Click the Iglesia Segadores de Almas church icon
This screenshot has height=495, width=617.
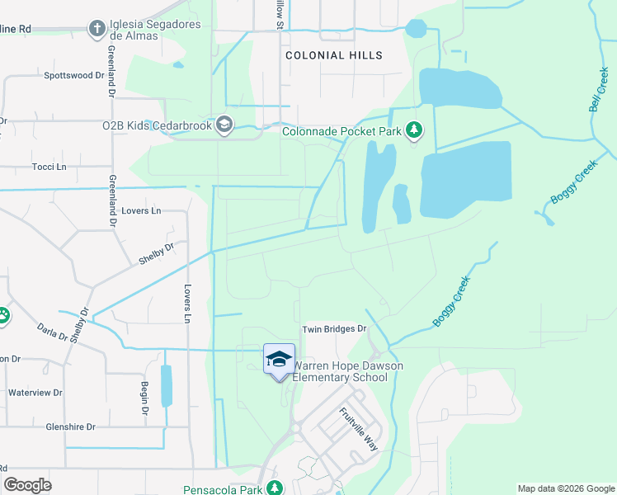(x=97, y=30)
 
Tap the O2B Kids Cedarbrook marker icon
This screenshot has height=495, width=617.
(x=223, y=125)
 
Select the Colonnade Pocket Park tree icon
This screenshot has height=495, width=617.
(x=414, y=130)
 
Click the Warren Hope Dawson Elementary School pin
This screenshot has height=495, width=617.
(x=279, y=359)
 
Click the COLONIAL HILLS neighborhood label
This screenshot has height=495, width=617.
(x=334, y=55)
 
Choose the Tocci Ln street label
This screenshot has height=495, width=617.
(x=49, y=167)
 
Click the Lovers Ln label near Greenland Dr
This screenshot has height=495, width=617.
(x=140, y=211)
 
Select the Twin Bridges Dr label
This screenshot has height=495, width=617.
(x=333, y=328)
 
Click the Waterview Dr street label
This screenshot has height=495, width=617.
(x=35, y=393)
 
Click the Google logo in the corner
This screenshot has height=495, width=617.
(x=27, y=485)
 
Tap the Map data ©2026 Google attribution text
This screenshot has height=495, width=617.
(x=565, y=488)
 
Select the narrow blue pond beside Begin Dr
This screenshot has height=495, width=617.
(x=167, y=385)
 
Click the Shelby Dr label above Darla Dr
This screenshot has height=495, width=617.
(x=157, y=252)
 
